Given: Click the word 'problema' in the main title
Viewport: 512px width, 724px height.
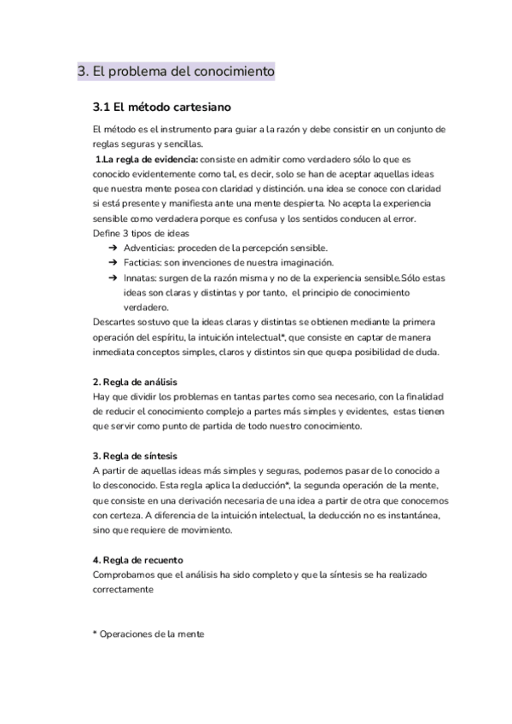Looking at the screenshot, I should tap(132, 73).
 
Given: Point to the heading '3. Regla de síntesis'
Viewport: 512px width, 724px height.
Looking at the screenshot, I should tap(134, 455).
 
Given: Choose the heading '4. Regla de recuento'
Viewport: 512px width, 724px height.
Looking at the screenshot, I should tap(136, 559).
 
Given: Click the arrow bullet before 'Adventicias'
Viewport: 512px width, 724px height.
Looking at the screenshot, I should tap(113, 247).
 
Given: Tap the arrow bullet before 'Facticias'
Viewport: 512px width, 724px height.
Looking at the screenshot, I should tap(113, 262).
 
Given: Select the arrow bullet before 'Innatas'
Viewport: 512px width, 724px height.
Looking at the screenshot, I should tap(113, 277).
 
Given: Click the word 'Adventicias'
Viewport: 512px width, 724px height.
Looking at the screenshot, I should tap(149, 247).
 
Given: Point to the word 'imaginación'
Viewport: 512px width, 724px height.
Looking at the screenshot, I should tap(303, 262).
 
